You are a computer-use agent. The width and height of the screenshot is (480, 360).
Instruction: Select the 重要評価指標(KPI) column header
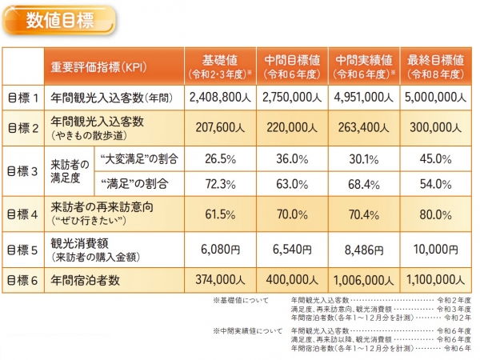(x=112, y=67)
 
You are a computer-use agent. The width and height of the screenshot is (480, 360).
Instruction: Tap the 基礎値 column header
(x=220, y=67)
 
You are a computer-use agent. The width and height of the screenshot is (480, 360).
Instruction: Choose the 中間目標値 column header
(x=292, y=67)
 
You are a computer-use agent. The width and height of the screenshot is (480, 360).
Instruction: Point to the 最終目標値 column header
(x=436, y=67)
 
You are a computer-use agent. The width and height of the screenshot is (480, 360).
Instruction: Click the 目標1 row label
(x=23, y=98)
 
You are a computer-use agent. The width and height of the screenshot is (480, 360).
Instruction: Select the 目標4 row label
(x=23, y=214)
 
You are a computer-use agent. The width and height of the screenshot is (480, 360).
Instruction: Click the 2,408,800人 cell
(x=220, y=98)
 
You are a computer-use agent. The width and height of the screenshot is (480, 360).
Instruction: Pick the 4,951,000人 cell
(x=364, y=98)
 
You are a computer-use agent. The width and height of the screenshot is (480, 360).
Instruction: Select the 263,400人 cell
(x=364, y=126)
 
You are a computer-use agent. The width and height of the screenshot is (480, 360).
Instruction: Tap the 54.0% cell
(x=436, y=184)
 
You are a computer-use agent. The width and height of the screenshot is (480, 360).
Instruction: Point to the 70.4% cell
(x=364, y=214)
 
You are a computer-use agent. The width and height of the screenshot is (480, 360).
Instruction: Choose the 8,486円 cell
(x=364, y=249)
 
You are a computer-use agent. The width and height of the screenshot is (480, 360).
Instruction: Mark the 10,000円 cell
(x=436, y=249)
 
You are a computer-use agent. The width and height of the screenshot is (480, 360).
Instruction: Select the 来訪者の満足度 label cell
(x=70, y=170)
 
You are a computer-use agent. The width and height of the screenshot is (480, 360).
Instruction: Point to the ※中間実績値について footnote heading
(x=247, y=330)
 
